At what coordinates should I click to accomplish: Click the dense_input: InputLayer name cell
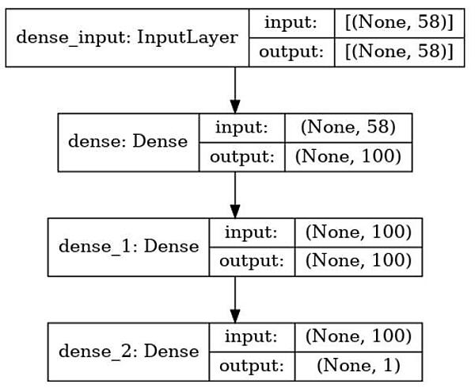click(127, 39)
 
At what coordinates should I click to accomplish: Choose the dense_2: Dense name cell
click(128, 350)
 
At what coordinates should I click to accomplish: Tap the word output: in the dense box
click(241, 156)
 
